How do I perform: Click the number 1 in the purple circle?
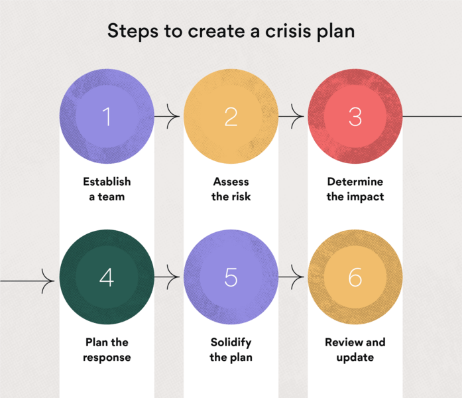point(107,117)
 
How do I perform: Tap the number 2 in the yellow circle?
point(231,117)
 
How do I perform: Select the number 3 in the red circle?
point(355,117)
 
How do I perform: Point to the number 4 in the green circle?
point(107,278)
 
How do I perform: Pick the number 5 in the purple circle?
point(231,278)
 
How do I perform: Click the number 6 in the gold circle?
point(355,278)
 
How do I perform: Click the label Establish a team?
point(107,189)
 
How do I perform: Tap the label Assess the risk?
point(231,189)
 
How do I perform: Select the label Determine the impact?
point(355,189)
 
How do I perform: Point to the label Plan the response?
point(107,350)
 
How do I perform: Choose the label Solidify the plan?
point(231,350)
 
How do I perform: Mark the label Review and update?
point(355,350)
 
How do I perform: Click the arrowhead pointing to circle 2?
point(175,118)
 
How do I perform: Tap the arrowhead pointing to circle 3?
point(299,118)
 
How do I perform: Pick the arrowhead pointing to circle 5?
point(175,279)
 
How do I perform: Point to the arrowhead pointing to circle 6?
point(299,279)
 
